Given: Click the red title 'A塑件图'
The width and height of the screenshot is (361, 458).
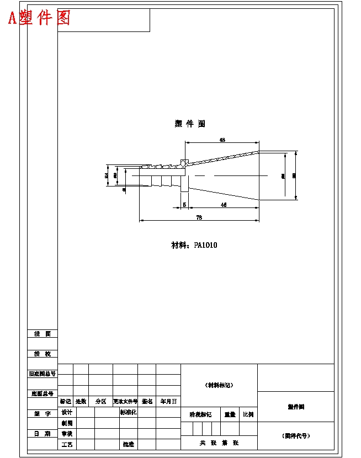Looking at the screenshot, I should tap(39, 18).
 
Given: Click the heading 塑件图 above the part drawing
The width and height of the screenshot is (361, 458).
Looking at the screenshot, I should tap(190, 124).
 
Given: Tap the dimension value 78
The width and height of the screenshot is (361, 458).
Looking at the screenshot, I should tap(199, 218).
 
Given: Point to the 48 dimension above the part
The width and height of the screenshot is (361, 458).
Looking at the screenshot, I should tap(222, 140).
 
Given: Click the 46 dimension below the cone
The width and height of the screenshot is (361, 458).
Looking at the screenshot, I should tap(224, 205).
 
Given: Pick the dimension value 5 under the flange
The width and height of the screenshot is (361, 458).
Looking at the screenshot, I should tap(184, 205).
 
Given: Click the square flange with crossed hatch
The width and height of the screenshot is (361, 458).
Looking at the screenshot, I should tap(184, 163).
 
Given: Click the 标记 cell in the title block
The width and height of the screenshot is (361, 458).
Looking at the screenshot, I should tap(66, 402).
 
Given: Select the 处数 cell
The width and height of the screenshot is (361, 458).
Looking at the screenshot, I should tap(81, 402).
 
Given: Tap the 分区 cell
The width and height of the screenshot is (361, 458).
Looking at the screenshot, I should tap(100, 402).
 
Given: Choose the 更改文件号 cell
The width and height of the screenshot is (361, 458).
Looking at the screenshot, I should tap(125, 402).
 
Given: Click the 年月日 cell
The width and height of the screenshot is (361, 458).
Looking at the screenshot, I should tap(168, 402).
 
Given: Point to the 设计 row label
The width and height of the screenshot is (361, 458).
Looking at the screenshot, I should tap(67, 412).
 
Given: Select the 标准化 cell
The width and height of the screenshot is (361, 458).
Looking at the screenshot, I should tap(129, 412).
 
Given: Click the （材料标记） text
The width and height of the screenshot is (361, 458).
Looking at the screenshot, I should tap(219, 385).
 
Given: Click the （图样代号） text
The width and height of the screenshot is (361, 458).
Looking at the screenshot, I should tap(296, 436).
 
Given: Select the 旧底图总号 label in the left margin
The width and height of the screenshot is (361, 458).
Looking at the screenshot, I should tap(43, 374).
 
